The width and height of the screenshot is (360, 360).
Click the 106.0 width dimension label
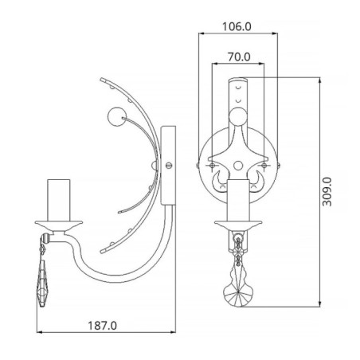(236, 25)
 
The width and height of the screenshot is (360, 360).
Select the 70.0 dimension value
(237, 57)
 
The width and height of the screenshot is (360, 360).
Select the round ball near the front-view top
(237, 118)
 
